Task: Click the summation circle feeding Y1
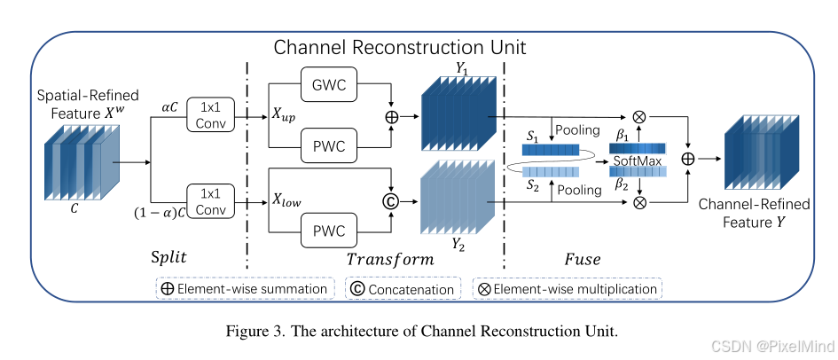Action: (389, 116)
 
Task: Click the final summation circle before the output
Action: (687, 159)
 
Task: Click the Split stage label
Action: (169, 260)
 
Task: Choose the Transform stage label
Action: (389, 260)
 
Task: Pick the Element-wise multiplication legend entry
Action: (568, 288)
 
